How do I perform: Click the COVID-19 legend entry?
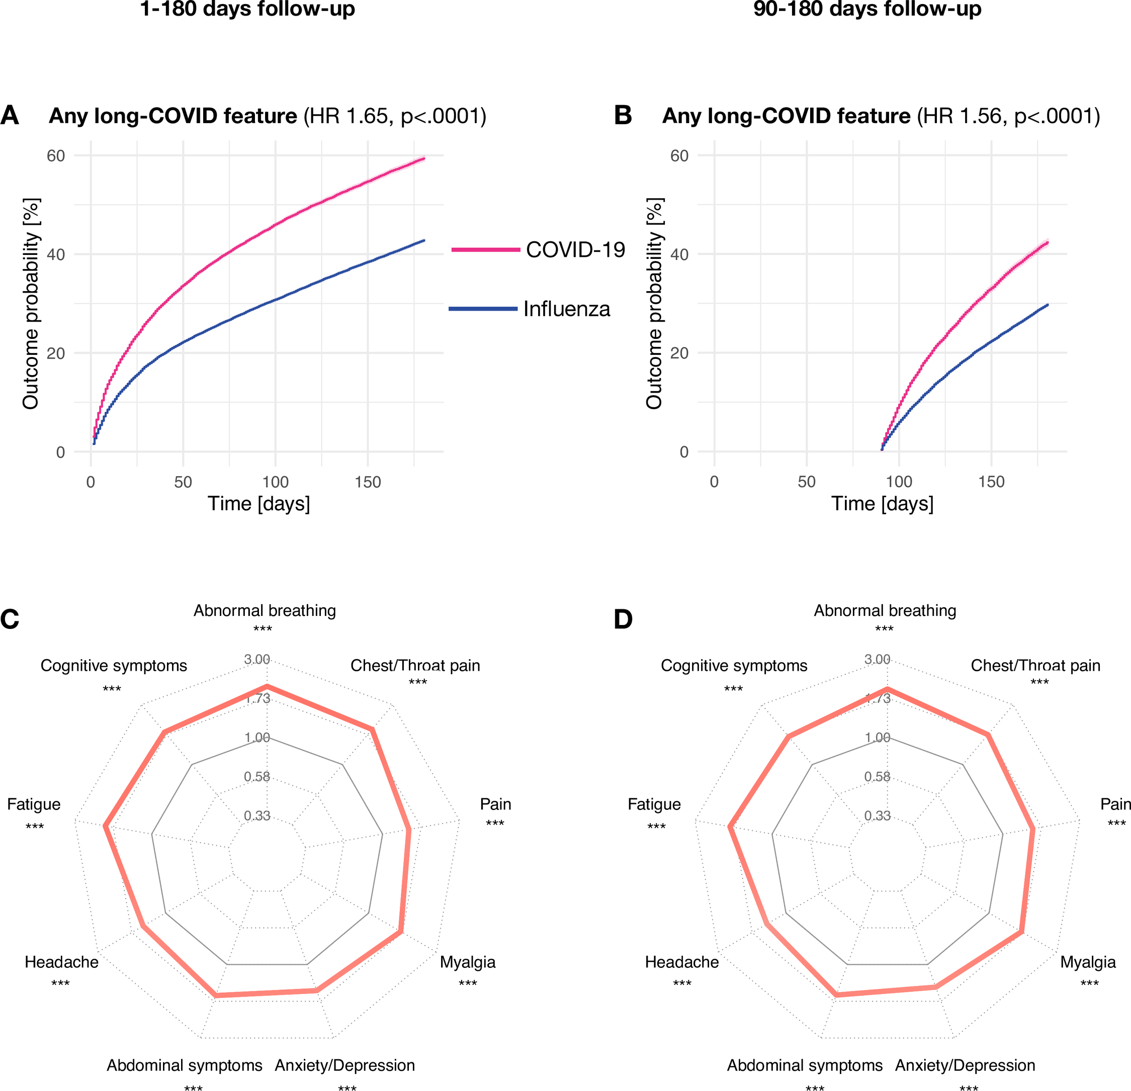pos(575,250)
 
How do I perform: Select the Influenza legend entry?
pos(566,309)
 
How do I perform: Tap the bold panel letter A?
pos(10,116)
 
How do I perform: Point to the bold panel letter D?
pos(623,619)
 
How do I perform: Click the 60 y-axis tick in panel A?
pos(56,156)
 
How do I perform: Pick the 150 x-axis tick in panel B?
pos(991,482)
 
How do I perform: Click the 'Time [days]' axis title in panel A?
pos(258,504)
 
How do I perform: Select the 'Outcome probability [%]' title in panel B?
pos(654,304)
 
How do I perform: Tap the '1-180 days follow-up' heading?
pos(247,9)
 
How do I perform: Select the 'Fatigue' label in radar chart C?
pos(34,804)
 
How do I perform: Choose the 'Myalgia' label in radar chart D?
pos(1088,962)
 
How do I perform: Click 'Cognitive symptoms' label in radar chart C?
pos(114,665)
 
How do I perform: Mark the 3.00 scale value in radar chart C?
pos(257,659)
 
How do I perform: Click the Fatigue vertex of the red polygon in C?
pos(105,826)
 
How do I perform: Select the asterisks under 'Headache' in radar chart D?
pos(682,983)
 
